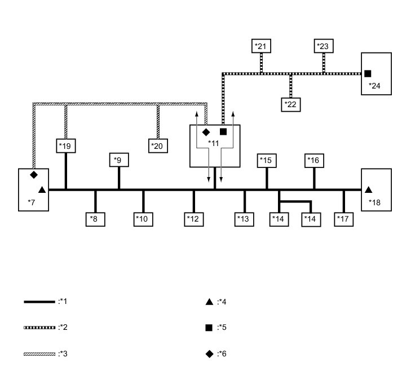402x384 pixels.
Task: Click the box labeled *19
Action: coord(66,146)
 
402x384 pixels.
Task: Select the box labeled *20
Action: coord(157,146)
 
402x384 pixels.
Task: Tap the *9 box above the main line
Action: coord(119,161)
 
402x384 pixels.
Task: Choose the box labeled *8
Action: coord(95,219)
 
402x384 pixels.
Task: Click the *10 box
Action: coord(143,219)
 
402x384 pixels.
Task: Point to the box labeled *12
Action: coord(194,219)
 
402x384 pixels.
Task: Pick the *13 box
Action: coord(244,219)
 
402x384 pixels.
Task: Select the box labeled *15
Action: coord(266,161)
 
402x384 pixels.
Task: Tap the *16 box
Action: coord(314,161)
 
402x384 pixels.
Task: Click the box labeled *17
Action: coord(344,219)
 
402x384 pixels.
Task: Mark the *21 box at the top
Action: coord(261,46)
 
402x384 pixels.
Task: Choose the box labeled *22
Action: coord(291,104)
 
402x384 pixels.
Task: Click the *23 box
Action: coord(324,46)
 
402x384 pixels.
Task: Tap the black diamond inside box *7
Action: coord(34,175)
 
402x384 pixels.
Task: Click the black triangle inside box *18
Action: coord(368,190)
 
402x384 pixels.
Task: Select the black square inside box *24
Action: coord(368,73)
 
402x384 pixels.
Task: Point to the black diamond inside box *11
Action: coord(206,131)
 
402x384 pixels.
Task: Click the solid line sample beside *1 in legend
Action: coord(39,302)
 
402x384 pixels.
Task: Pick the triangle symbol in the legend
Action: coord(209,302)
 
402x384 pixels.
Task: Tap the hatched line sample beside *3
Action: coord(39,354)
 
